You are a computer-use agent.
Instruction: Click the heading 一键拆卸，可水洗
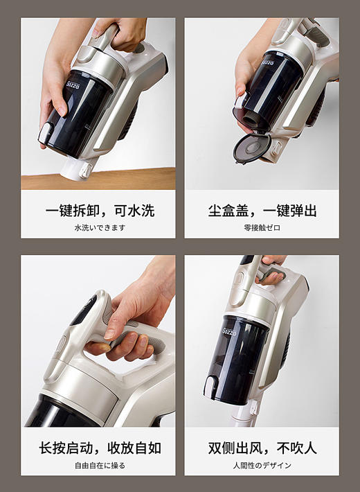[x=100, y=211]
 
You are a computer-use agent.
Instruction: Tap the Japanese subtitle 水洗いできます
[x=100, y=228]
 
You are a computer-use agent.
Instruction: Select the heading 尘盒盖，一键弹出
[x=262, y=211]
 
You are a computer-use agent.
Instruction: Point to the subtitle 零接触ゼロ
[x=262, y=228]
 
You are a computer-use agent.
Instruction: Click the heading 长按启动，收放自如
[x=100, y=448]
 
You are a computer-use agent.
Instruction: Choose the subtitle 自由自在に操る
[x=100, y=465]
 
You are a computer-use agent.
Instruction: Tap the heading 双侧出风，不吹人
[x=262, y=448]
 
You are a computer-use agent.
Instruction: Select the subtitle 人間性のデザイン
[x=262, y=465]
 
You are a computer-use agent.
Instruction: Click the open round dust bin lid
[x=251, y=147]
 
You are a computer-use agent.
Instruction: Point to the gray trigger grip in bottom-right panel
[x=272, y=274]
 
